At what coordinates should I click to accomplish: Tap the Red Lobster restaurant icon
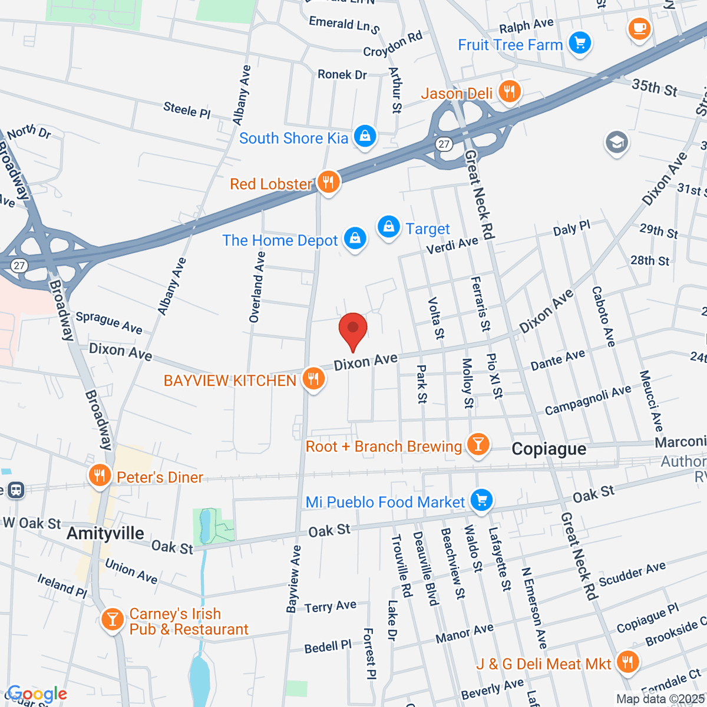(x=328, y=183)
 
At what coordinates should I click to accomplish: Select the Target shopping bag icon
(x=389, y=227)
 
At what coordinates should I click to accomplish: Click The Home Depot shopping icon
(x=355, y=239)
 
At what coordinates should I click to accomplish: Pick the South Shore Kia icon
(x=365, y=137)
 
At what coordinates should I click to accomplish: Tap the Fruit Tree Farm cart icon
(x=580, y=44)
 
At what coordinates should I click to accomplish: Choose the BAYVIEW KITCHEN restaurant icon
(x=313, y=379)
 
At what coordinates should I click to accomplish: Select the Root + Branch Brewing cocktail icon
(x=478, y=445)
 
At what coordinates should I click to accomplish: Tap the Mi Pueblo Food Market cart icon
(x=482, y=501)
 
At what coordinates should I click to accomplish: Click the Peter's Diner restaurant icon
(x=100, y=476)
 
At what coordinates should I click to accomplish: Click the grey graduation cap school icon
(x=617, y=143)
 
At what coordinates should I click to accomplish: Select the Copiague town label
(x=549, y=449)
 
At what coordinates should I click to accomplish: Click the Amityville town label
(x=105, y=533)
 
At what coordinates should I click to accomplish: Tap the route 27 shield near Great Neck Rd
(x=444, y=144)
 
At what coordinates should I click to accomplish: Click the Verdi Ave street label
(x=452, y=245)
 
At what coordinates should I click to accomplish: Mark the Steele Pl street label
(x=187, y=110)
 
